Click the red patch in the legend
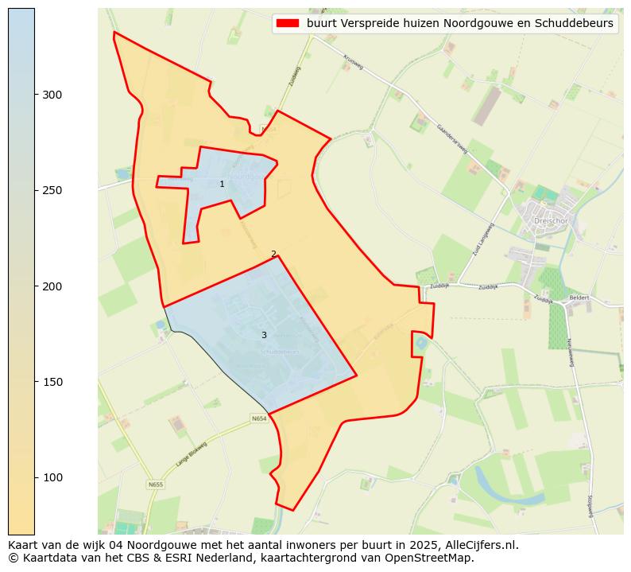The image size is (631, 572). (287, 23)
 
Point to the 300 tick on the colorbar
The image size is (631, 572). (36, 94)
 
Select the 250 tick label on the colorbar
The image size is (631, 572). (52, 190)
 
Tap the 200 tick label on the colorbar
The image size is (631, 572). (52, 286)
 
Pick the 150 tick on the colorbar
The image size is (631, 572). (36, 382)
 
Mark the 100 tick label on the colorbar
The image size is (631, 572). (52, 477)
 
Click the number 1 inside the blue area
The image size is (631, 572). (222, 184)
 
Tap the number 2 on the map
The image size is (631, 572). (273, 254)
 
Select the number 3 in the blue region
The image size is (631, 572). (264, 335)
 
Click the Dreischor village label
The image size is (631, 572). (548, 222)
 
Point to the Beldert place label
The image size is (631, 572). (579, 298)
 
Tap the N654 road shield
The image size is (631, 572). (259, 418)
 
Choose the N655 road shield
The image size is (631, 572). (155, 484)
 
